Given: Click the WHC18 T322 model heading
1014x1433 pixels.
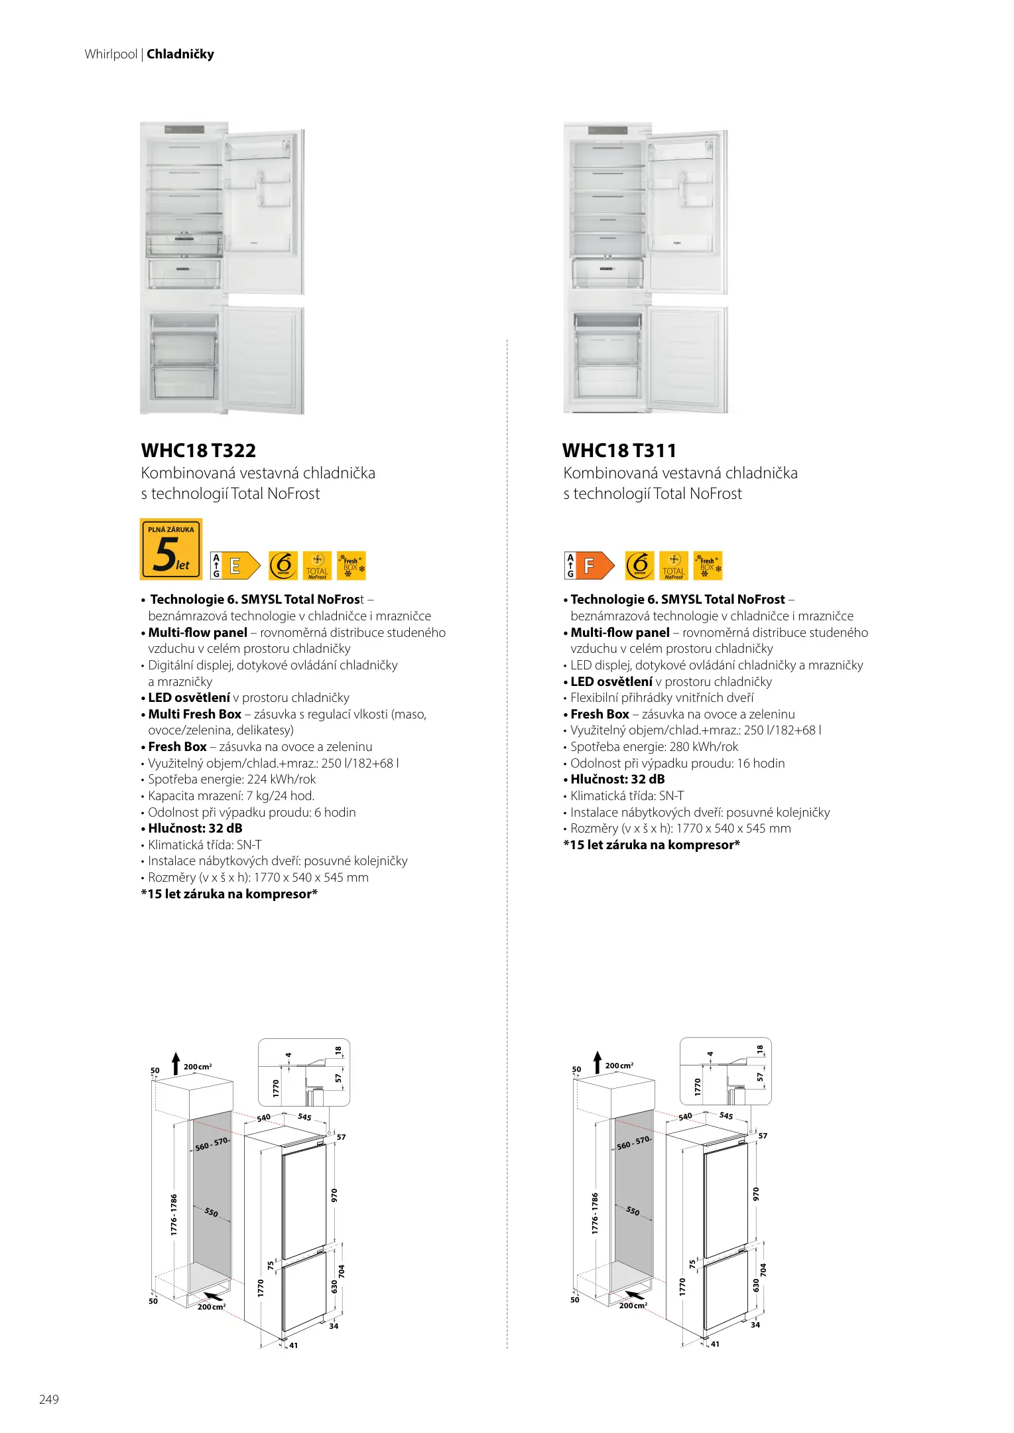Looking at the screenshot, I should (198, 451).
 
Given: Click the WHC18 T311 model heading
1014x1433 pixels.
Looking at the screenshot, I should (619, 451).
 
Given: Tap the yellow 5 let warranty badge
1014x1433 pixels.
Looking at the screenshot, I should (171, 549).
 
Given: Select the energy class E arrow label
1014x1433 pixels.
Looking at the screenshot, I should (235, 566).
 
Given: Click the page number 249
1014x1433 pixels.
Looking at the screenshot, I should (49, 1399).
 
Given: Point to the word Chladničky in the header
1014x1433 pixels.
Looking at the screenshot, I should (180, 54).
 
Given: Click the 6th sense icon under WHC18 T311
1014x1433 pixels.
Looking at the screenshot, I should (639, 566).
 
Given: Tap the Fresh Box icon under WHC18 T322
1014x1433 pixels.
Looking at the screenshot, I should (351, 566).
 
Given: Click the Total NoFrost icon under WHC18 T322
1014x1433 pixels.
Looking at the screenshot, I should (317, 566).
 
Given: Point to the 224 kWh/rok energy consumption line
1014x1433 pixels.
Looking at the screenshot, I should (231, 780).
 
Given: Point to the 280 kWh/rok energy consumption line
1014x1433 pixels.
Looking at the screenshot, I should (654, 747).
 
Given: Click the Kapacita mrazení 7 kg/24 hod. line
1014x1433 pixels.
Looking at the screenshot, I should (231, 796).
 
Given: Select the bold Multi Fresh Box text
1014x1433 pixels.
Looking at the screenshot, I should (194, 715).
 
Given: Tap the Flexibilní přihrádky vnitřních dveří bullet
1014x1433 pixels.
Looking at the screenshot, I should (661, 698).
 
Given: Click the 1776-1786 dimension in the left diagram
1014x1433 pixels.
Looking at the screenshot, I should (174, 1214).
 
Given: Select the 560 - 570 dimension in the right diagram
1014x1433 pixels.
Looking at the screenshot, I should (633, 1142).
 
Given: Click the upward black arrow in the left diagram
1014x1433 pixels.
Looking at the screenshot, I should (176, 1063).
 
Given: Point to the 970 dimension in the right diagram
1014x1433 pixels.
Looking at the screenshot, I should (755, 1194).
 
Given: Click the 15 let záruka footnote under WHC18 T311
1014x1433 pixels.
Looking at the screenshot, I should (651, 845).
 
